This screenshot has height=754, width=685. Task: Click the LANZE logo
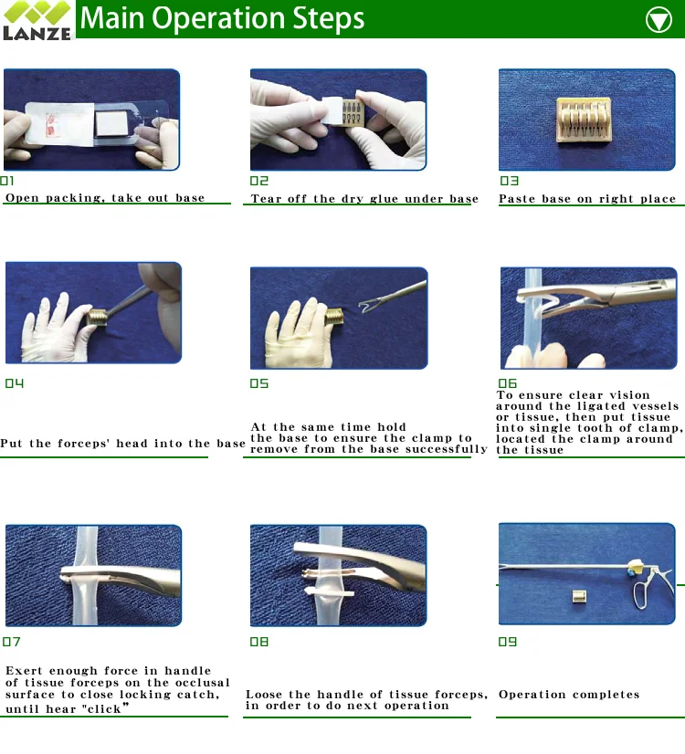(37, 20)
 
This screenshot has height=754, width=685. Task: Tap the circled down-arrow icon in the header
(659, 20)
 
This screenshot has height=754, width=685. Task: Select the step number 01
(7, 181)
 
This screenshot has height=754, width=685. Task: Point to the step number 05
(258, 383)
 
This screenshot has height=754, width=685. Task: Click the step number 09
(508, 642)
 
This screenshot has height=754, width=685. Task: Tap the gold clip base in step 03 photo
(584, 120)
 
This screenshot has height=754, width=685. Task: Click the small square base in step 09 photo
(579, 597)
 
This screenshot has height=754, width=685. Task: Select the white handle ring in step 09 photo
(642, 595)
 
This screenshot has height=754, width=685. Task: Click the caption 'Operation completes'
(569, 695)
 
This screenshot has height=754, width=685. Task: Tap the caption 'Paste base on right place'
(587, 199)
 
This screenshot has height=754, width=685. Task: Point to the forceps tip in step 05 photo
(364, 306)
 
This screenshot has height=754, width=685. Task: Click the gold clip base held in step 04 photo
(97, 317)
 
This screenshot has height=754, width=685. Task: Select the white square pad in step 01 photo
(112, 123)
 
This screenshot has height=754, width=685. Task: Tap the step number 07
(11, 642)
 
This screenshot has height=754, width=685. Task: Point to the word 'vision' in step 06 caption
(629, 394)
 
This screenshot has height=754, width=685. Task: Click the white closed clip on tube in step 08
(330, 591)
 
